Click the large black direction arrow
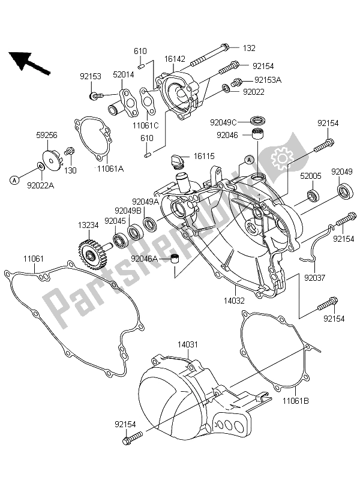click(28, 61)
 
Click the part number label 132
click(249, 47)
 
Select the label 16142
click(175, 60)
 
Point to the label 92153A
click(268, 79)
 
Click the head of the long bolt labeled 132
click(225, 48)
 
